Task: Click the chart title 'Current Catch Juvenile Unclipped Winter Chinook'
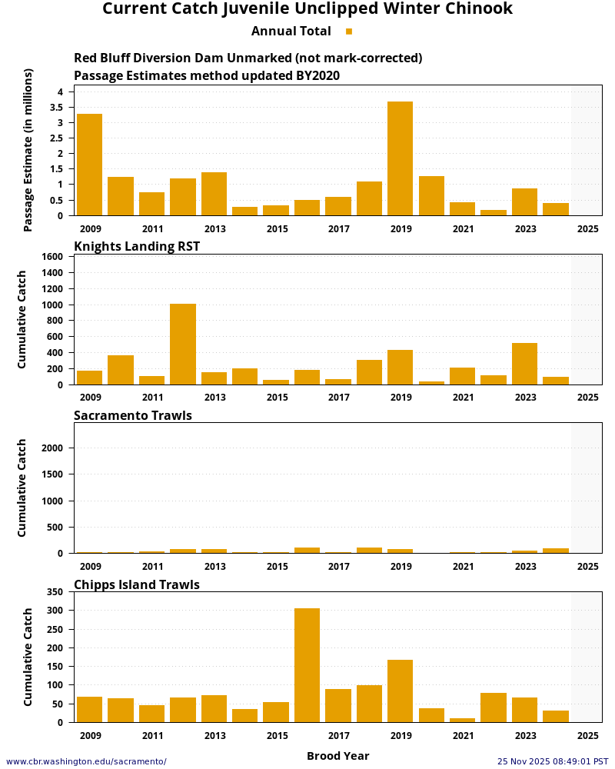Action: pyautogui.click(x=307, y=9)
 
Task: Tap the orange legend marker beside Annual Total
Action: pyautogui.click(x=349, y=32)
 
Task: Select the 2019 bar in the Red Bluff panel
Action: pyautogui.click(x=400, y=158)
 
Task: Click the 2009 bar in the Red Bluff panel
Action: pyautogui.click(x=89, y=165)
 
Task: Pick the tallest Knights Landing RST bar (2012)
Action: pyautogui.click(x=183, y=344)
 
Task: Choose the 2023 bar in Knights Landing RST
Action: pyautogui.click(x=524, y=364)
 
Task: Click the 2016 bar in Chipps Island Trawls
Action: pyautogui.click(x=307, y=665)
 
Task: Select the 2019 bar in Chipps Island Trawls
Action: pyautogui.click(x=400, y=691)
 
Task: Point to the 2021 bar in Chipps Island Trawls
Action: pyautogui.click(x=462, y=720)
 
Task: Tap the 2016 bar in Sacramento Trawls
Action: pyautogui.click(x=307, y=550)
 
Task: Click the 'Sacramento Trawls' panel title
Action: pyautogui.click(x=133, y=415)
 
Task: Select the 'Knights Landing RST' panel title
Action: pyautogui.click(x=137, y=246)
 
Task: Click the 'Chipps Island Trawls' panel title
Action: pyautogui.click(x=137, y=584)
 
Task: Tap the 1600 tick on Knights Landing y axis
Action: pyautogui.click(x=52, y=256)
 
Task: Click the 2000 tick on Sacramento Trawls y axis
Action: pyautogui.click(x=52, y=448)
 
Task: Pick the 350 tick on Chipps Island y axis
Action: pyautogui.click(x=55, y=592)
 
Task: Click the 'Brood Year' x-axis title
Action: pyautogui.click(x=337, y=756)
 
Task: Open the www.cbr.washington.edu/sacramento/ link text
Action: pyautogui.click(x=86, y=761)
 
